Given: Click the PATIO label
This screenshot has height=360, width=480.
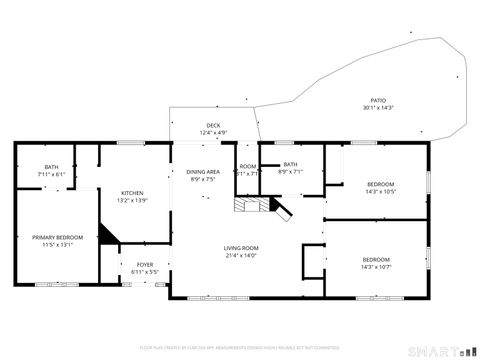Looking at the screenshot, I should [378, 100].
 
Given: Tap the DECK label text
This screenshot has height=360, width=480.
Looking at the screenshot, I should [213, 126].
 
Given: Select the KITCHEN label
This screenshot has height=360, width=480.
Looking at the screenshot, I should [133, 193].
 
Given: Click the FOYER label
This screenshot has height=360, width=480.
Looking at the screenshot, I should [145, 265].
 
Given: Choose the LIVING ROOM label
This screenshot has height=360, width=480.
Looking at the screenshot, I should [240, 247].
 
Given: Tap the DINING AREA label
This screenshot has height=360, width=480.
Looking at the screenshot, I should [203, 172].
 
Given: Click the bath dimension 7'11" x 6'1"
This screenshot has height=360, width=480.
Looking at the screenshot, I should [51, 174].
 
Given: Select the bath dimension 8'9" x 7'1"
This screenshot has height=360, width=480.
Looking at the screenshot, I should [290, 172].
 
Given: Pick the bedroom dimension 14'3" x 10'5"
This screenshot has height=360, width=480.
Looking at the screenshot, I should [380, 191].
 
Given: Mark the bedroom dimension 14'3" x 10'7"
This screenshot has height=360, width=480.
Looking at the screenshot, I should [376, 267].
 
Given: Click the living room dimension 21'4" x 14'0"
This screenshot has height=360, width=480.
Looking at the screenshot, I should [240, 254].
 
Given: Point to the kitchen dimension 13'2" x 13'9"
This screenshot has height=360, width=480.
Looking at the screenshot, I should [133, 200].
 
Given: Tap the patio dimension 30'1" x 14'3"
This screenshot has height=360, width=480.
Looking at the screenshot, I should [378, 107].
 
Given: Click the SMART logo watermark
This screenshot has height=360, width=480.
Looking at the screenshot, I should [446, 350].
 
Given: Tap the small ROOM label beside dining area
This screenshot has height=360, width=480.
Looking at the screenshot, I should [248, 166].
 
